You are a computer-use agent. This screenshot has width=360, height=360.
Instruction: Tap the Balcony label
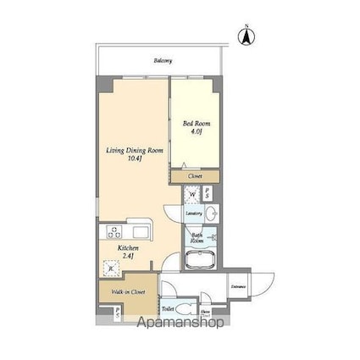pos(163,60)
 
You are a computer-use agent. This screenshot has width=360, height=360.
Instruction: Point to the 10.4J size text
pos(134,159)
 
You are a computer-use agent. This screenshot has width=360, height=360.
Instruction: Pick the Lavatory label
pos(194,215)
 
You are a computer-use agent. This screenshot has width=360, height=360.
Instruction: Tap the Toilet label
pos(168,309)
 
